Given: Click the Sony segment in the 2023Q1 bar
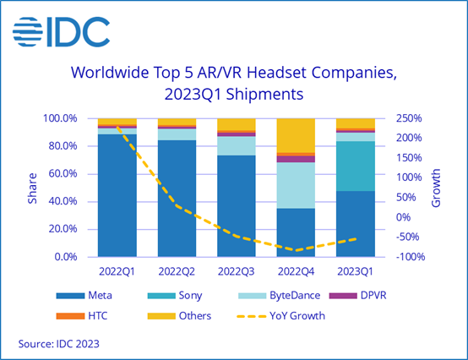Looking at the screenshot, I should click(x=356, y=166).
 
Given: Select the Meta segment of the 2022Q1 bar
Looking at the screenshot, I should click(x=117, y=194).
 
